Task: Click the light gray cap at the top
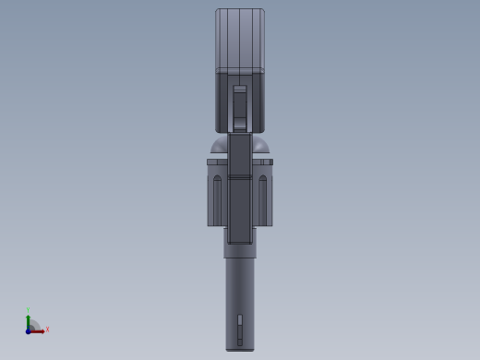click(x=240, y=37)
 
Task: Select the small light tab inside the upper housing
click(x=240, y=90)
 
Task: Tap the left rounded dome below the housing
click(x=219, y=147)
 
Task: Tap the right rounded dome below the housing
click(x=261, y=147)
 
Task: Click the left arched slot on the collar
click(x=218, y=198)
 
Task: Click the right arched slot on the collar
click(x=262, y=198)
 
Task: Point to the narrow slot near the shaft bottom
click(x=240, y=325)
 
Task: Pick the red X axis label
click(x=47, y=330)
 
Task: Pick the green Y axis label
click(x=29, y=311)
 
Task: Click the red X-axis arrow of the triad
click(x=39, y=330)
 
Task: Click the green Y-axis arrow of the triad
click(x=29, y=320)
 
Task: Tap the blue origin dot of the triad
click(x=29, y=330)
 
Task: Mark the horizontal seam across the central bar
click(x=240, y=176)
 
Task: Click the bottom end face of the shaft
click(x=240, y=349)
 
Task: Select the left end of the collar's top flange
click(x=210, y=162)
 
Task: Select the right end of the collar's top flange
click(x=270, y=162)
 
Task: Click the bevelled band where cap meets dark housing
click(x=240, y=70)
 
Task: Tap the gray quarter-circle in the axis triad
click(x=33, y=326)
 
